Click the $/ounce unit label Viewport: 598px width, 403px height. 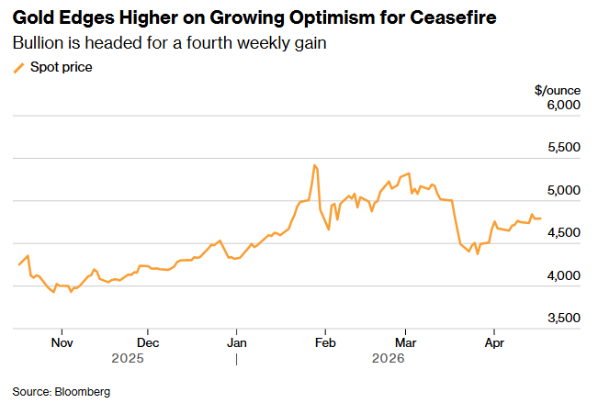(x=558, y=89)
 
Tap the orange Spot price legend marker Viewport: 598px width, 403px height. (x=17, y=67)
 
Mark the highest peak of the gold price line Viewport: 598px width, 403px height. (x=314, y=165)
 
